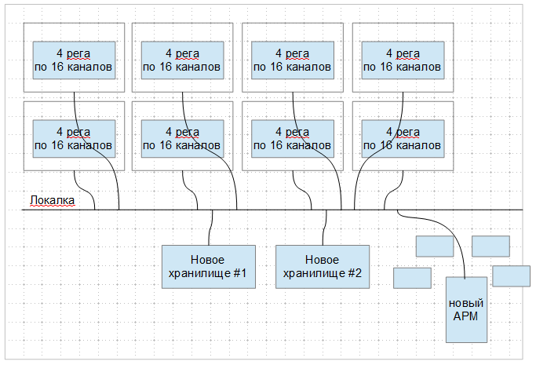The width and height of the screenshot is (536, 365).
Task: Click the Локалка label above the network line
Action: pos(52,201)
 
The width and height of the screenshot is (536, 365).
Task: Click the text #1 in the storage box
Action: pos(239,274)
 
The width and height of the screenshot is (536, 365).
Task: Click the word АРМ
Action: pos(466,316)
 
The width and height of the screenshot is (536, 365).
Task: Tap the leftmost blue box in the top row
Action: pos(74,60)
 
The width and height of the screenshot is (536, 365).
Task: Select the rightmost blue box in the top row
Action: pos(403,60)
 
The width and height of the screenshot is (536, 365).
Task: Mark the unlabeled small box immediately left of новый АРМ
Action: pos(412,278)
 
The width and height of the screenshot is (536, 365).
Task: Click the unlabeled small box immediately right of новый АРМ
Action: pos(511,276)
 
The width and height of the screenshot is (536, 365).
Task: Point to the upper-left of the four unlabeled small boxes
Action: pos(434,246)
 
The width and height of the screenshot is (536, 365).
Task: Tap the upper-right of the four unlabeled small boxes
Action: pos(490,246)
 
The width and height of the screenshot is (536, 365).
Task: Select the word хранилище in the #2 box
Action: pos(312,274)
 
